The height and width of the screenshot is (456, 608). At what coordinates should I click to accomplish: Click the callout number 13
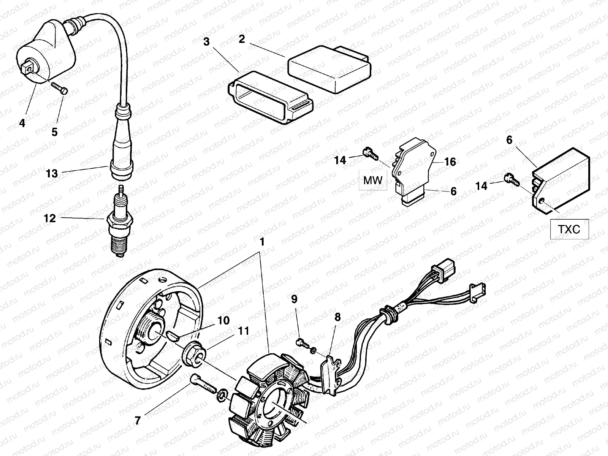[x=52, y=174]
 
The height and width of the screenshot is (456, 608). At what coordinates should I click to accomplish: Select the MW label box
[x=373, y=180]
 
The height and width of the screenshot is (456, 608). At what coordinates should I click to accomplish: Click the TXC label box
[x=569, y=229]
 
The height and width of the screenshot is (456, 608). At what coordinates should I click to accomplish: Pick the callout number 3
[x=206, y=42]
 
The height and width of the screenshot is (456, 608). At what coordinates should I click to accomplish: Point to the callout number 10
[x=223, y=320]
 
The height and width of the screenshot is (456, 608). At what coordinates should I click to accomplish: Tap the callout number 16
[x=450, y=162]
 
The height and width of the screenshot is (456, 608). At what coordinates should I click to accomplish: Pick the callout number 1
[x=262, y=242]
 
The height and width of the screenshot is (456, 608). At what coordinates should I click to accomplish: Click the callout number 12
[x=50, y=218]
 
